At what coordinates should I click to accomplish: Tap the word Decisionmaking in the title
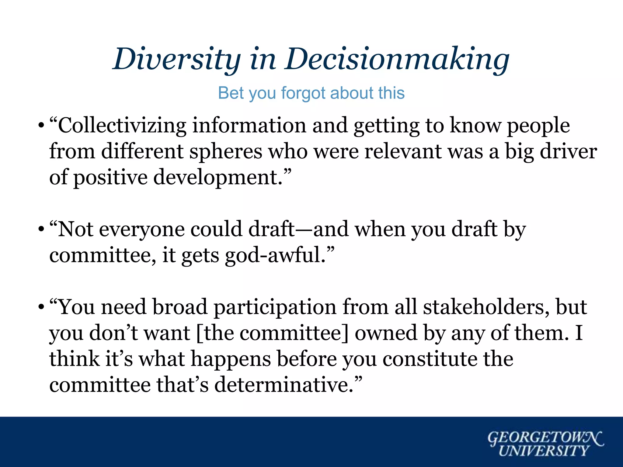[x=397, y=59]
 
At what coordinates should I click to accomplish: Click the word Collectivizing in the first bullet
[x=122, y=126]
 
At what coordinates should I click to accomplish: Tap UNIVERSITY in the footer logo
[x=543, y=451]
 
